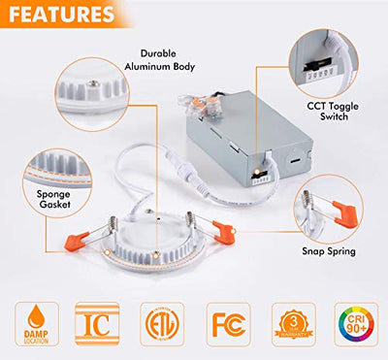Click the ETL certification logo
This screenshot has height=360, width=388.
click(161, 325)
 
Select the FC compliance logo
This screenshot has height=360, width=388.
click(226, 325)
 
